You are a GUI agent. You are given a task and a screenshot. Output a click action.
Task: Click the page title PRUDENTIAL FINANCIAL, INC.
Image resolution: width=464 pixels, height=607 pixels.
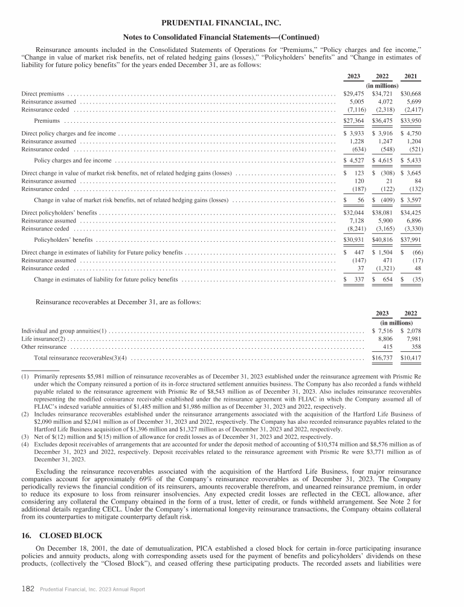pyautogui.click(x=231, y=23)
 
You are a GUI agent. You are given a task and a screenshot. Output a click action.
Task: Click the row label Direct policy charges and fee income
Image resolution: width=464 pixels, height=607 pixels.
pyautogui.click(x=68, y=134)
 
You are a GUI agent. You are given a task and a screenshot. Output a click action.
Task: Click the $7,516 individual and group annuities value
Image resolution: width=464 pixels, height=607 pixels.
pyautogui.click(x=382, y=331)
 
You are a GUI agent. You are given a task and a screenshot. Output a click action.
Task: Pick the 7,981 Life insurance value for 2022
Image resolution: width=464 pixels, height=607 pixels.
pyautogui.click(x=413, y=340)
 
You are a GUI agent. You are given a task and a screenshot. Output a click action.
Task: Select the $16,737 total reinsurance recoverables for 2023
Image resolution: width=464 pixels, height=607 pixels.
pyautogui.click(x=382, y=359)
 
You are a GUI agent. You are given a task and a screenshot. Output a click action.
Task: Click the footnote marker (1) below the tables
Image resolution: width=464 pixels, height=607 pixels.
pyautogui.click(x=25, y=376)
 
